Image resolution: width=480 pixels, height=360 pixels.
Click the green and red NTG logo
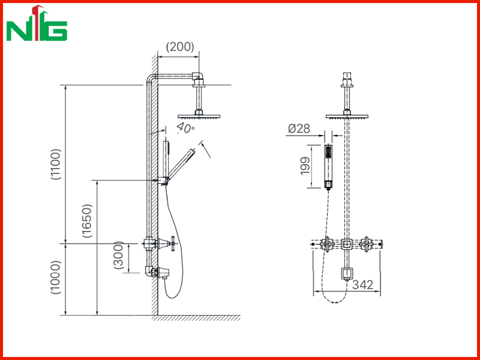tap(37, 23)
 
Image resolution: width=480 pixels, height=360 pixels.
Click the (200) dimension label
tap(179, 47)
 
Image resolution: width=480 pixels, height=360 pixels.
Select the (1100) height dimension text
tap(56, 164)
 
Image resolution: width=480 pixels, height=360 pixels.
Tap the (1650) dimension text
tap(87, 221)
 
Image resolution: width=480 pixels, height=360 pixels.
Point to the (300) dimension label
tap(118, 256)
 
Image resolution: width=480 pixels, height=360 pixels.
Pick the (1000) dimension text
tap(56, 277)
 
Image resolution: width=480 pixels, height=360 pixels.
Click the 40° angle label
tap(185, 128)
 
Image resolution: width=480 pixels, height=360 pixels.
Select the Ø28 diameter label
tap(299, 128)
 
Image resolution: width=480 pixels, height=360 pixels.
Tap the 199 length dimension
tap(305, 166)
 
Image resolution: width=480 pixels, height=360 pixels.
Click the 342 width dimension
tap(363, 284)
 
